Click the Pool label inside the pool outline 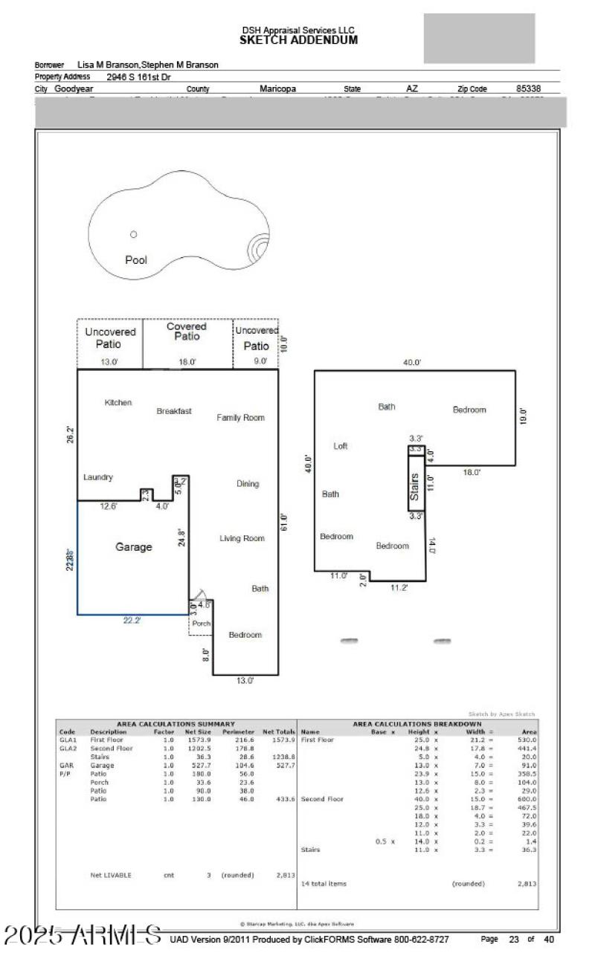pos(135,260)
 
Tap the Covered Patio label pos(187,332)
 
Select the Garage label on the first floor pos(133,547)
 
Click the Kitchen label pos(118,402)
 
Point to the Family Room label pos(240,418)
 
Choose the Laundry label pos(97,477)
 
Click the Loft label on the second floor pos(340,446)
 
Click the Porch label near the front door pos(202,623)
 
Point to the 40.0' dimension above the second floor pos(412,362)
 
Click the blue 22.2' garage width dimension pos(132,621)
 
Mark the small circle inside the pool pos(133,234)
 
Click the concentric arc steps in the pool pos(260,246)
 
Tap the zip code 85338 pos(528,89)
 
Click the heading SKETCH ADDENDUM pos(298,40)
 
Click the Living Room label pos(242,538)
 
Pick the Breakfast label pos(174,411)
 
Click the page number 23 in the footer pos(513,940)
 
